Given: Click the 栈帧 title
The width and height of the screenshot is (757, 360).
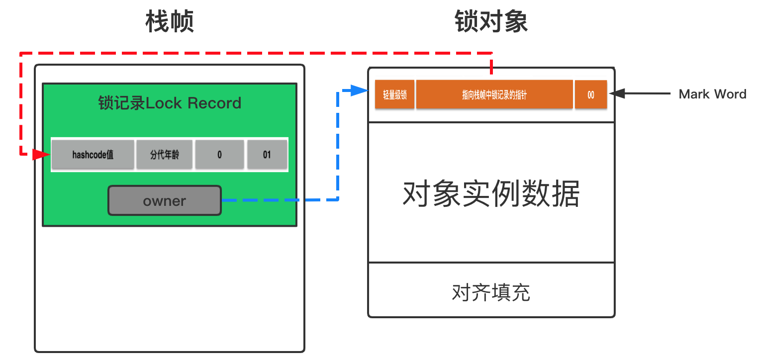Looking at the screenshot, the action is pos(170,21).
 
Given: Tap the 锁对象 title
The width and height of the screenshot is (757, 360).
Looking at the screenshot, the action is pos(491,21).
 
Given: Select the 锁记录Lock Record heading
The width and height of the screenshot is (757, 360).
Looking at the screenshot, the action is pos(170,103).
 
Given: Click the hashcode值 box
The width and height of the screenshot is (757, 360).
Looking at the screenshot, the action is pos(93,154).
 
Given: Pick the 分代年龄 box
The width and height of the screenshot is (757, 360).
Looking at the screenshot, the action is pos(165,154).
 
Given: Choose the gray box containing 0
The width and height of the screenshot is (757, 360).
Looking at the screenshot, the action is pos(220,154).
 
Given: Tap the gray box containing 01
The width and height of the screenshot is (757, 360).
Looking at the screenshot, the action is pos(267,154).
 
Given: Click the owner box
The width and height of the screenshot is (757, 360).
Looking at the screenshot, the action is pos(165,200).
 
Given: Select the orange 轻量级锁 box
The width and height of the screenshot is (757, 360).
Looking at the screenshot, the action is pos(395,94).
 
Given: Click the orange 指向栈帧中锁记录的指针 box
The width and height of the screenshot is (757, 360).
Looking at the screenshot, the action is pos(494,94).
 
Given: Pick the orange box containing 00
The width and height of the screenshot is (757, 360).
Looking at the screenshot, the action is pos(591,94).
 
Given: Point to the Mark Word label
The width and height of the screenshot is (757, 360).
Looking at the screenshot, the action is pos(712,94).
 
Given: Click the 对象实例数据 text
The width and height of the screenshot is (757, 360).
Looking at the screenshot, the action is pos(491,193).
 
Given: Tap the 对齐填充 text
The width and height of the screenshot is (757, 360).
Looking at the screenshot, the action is pos(491,292).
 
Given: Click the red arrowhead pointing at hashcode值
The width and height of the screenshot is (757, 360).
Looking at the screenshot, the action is pos(41,154).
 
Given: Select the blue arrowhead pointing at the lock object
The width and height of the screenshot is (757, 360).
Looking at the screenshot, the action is pos(360,90).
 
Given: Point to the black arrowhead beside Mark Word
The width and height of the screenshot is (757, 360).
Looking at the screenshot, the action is pos(617,93).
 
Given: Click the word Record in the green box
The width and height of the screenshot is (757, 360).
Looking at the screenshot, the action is pos(214,103).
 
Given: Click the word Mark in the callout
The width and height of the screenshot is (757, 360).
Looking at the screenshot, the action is pos(694,94).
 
